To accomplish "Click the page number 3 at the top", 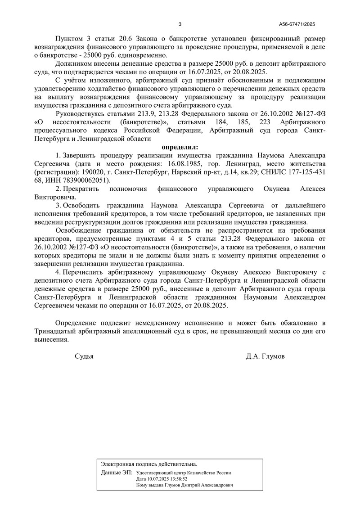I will tap(180, 24).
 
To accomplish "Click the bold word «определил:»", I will tap(180, 147).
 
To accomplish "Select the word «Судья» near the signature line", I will tap(84, 356).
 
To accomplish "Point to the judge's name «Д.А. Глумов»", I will tap(265, 356).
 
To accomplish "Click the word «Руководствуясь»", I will tap(81, 114).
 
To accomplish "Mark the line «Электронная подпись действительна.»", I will tap(149, 464).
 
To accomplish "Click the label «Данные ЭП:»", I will tap(117, 473).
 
